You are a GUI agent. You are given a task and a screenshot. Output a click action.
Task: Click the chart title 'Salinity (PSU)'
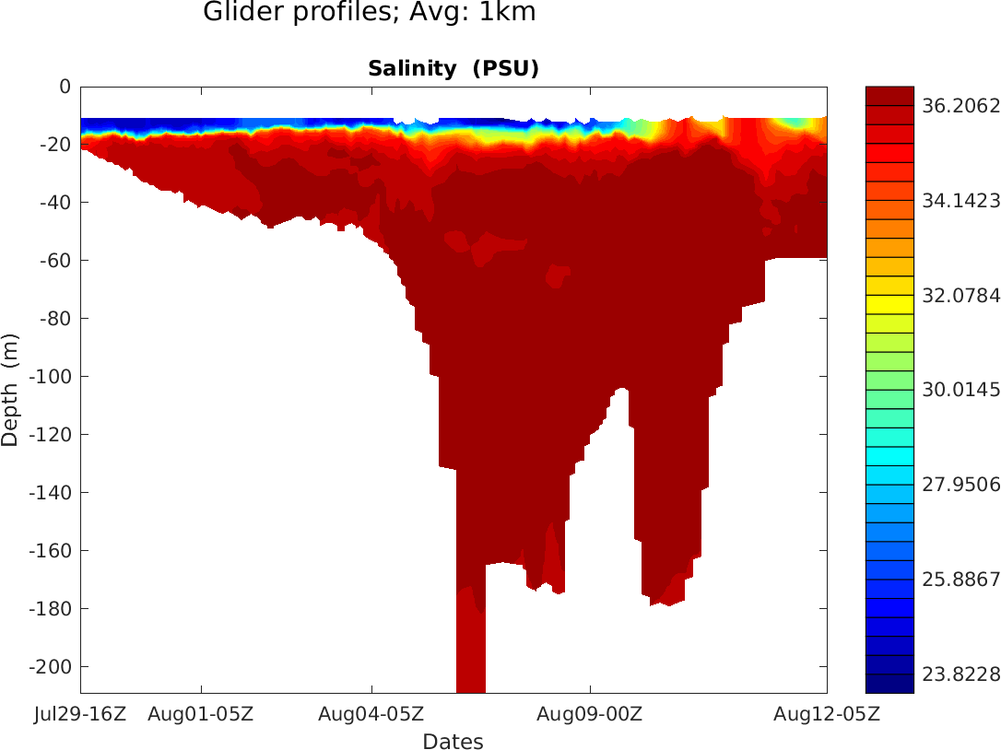453,68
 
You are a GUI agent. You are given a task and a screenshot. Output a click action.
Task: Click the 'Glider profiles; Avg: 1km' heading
369,13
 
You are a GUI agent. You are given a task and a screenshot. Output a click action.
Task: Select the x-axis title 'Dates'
453,741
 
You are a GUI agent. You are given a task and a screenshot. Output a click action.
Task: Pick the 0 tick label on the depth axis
65,87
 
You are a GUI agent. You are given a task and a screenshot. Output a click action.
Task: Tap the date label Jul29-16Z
80,713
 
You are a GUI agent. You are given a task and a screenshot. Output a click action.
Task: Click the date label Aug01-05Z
201,713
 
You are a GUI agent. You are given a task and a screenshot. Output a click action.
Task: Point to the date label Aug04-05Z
371,713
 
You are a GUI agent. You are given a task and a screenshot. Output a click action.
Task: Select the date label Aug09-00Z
590,713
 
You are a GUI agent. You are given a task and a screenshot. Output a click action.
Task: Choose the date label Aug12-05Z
826,713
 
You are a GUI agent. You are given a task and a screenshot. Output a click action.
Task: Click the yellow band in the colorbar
889,304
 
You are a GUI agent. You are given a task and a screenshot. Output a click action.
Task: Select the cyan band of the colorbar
889,456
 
